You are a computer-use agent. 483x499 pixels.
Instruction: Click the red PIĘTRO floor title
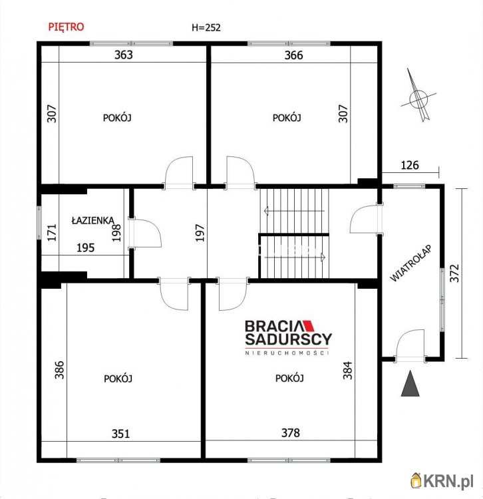[66, 27]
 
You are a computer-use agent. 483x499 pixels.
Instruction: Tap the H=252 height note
[206, 28]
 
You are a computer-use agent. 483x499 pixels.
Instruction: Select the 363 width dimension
[124, 55]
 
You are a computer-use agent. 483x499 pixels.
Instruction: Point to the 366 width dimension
[293, 55]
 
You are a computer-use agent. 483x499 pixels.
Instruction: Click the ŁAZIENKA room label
[92, 220]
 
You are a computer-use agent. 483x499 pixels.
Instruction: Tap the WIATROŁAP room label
[410, 263]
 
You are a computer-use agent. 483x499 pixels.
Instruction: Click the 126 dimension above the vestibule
[410, 165]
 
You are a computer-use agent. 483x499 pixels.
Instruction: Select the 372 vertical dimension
[454, 273]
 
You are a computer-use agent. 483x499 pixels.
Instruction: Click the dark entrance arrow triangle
[410, 383]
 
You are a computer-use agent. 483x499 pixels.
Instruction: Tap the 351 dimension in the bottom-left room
[120, 434]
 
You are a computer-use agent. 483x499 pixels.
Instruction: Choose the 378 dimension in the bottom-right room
[291, 433]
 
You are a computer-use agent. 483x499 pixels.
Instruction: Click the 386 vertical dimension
[59, 370]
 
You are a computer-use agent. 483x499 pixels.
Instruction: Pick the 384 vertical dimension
[348, 370]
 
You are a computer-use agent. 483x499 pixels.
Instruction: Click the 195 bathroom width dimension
[86, 248]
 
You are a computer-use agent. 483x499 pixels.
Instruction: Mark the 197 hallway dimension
[200, 233]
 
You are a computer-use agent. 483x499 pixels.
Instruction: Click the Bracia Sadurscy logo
[288, 337]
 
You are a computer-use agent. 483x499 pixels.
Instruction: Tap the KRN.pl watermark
[442, 480]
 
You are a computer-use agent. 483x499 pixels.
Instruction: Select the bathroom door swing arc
[156, 230]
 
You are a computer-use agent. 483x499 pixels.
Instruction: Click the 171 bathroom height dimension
[52, 232]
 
